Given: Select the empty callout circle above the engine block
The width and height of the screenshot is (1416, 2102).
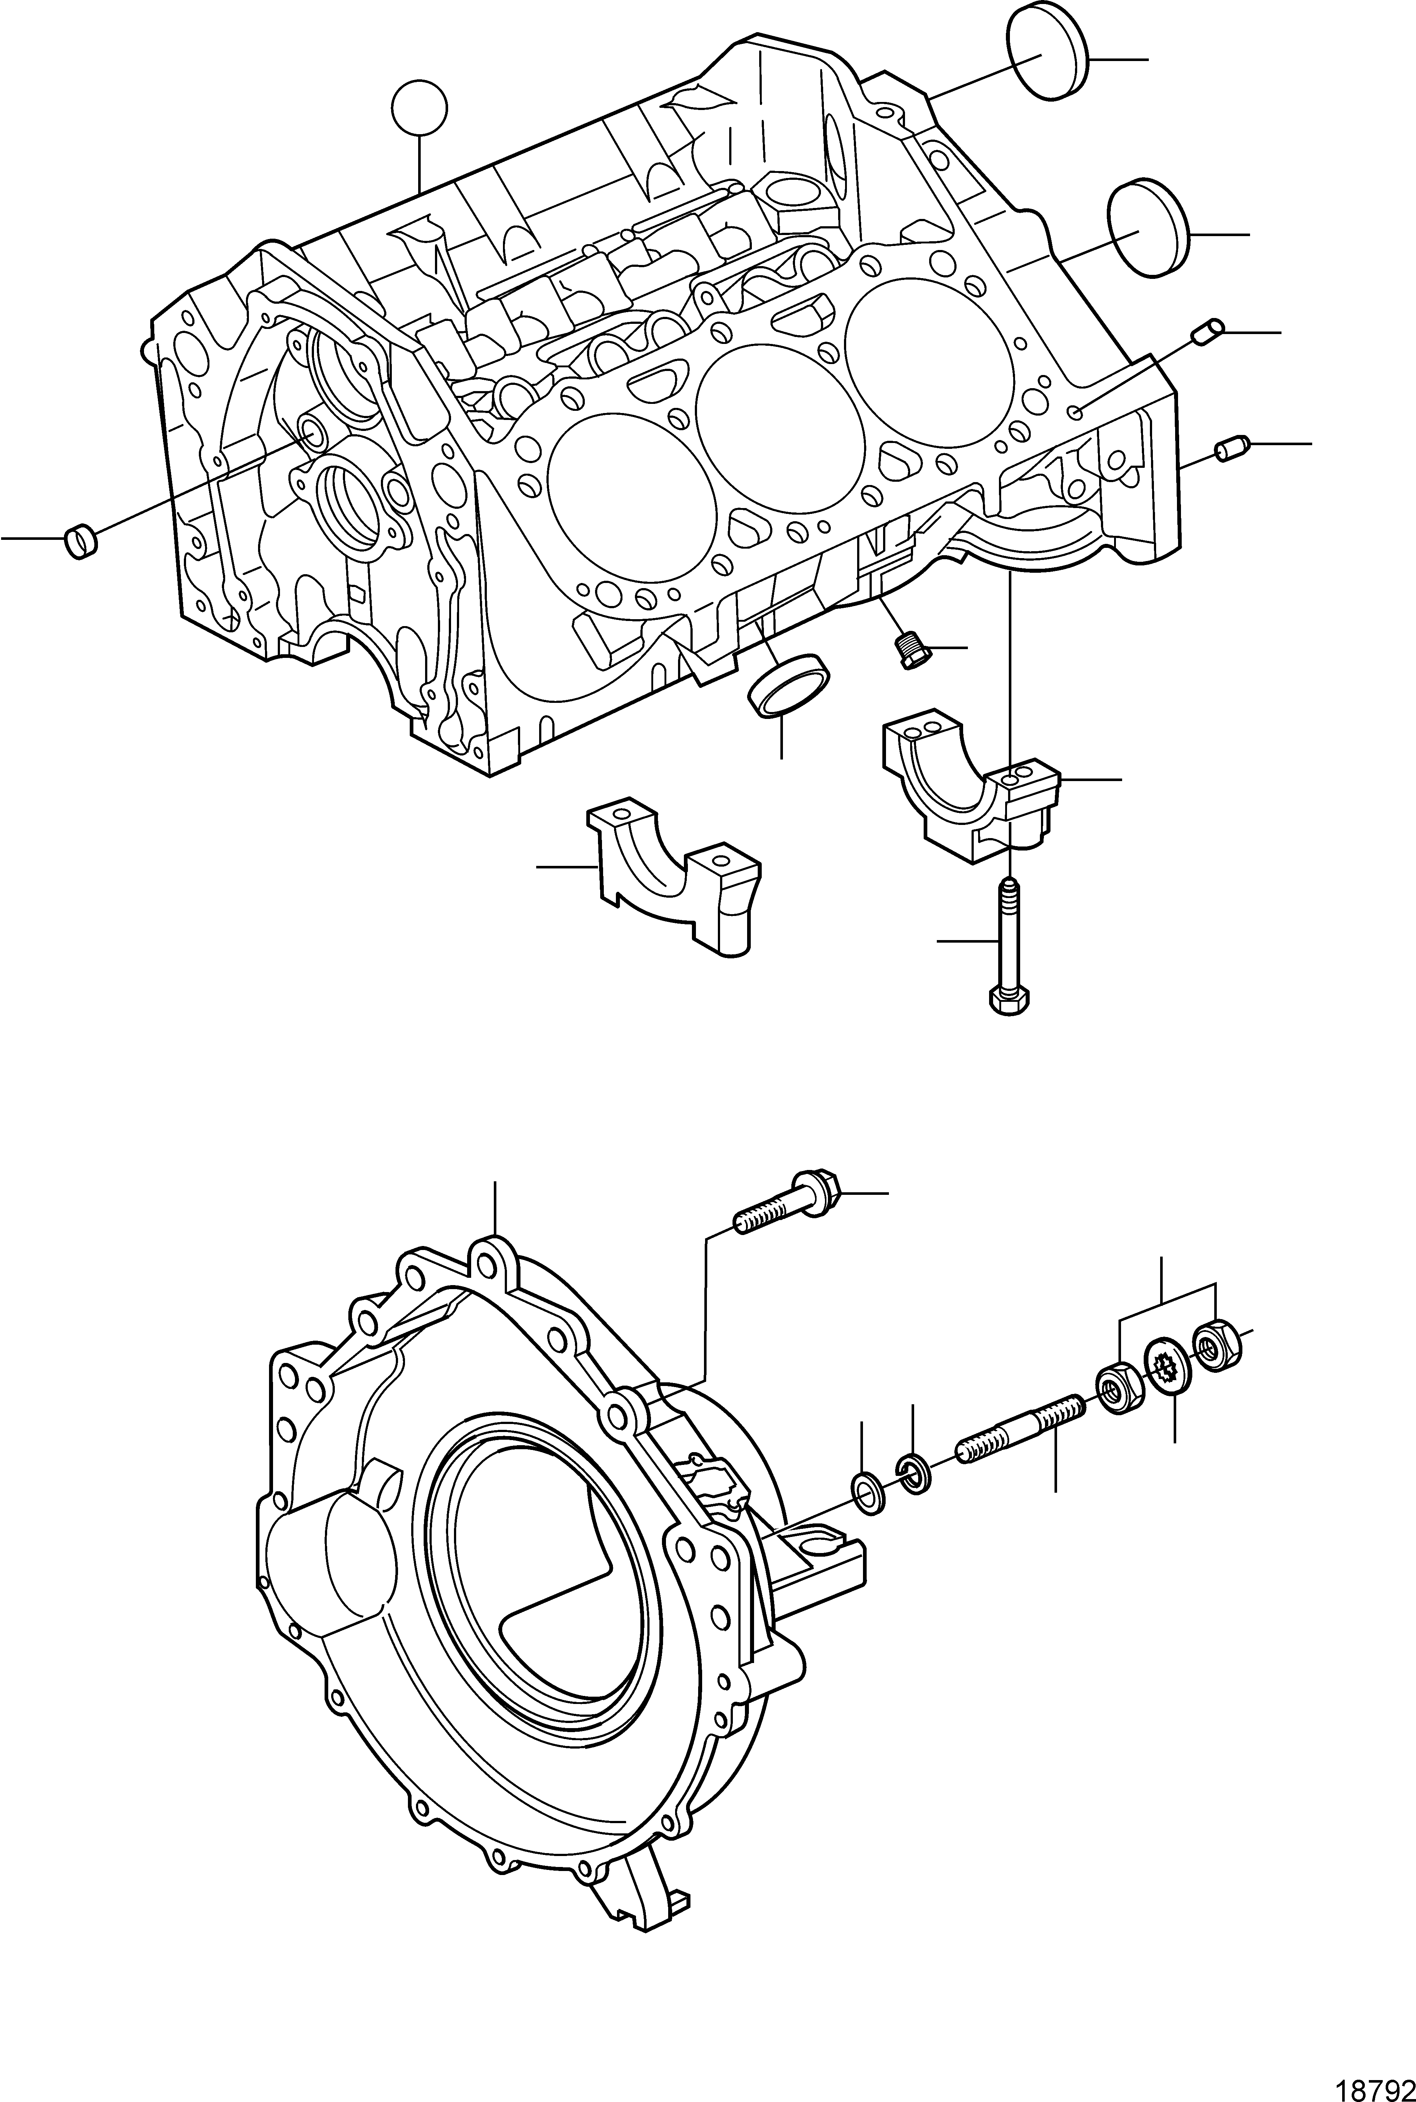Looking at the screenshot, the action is click(419, 107).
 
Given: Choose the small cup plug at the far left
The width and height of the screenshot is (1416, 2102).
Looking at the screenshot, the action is click(80, 543).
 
